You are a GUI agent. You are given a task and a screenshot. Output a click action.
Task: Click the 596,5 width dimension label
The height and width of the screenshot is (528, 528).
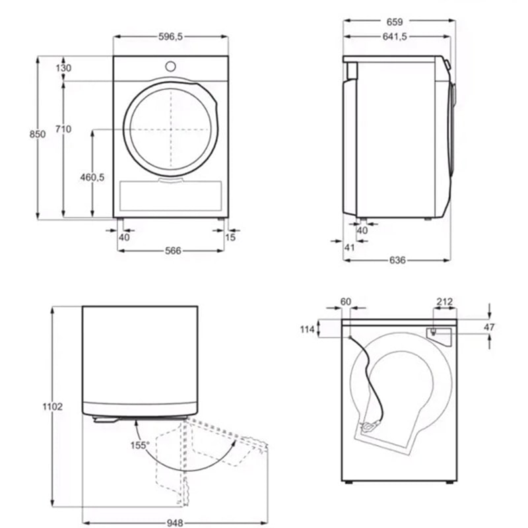click(x=170, y=36)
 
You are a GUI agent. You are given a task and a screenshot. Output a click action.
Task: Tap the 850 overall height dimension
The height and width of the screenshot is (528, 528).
click(x=37, y=134)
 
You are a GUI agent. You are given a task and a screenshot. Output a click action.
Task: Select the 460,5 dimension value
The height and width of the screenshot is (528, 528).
click(x=92, y=177)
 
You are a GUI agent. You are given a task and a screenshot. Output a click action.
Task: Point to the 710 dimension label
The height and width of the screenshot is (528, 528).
click(x=63, y=129)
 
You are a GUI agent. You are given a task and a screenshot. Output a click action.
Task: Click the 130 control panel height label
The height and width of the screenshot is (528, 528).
click(x=63, y=68)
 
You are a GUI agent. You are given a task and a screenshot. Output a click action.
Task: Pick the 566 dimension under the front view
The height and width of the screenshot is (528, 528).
click(x=173, y=251)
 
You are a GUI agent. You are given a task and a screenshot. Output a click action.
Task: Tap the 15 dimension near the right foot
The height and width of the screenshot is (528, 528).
click(x=230, y=238)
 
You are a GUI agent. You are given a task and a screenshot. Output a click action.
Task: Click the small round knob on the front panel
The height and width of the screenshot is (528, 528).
click(x=170, y=67)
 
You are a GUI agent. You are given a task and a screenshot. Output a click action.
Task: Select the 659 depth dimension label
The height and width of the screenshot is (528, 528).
click(x=394, y=22)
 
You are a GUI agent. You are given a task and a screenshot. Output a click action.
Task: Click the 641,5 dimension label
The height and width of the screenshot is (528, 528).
click(x=395, y=36)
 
